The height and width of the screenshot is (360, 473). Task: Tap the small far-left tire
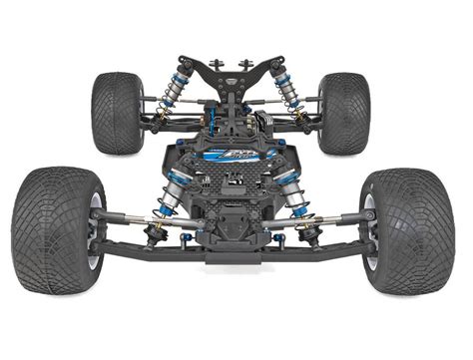pos(118,112)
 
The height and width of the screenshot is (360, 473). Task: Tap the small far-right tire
pos(344,112)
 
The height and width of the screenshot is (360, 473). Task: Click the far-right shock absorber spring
pos(291,96)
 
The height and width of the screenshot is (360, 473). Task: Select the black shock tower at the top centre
pos(236,75)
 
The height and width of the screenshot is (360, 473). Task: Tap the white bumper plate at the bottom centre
pos(236,262)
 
